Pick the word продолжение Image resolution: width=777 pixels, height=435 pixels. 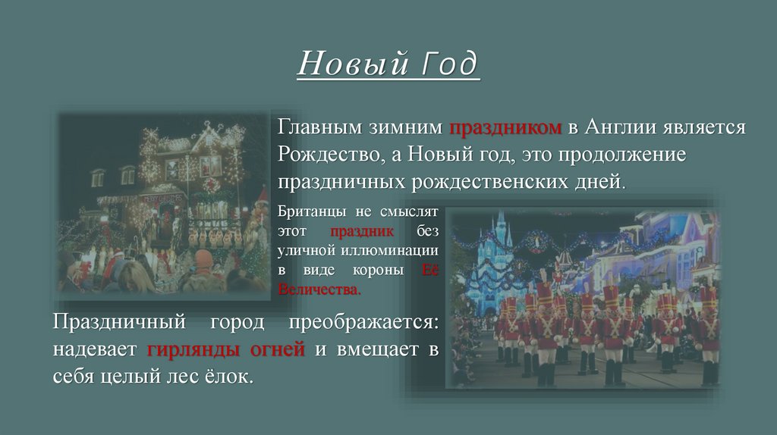pyautogui.click(x=622, y=155)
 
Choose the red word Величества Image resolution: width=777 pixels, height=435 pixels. pyautogui.click(x=319, y=289)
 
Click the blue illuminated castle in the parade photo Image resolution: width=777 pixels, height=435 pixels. pyautogui.click(x=498, y=258)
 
